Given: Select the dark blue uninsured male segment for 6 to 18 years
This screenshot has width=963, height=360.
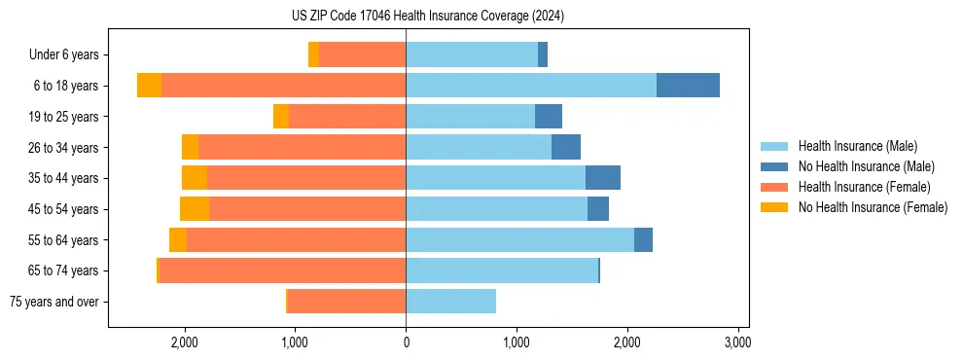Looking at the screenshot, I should tap(688, 86).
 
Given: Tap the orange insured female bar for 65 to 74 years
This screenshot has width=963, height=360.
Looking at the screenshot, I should tap(282, 270).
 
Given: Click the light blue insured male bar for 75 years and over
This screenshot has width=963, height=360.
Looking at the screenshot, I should tap(450, 302).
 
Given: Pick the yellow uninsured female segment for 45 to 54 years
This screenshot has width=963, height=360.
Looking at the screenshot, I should tap(195, 209).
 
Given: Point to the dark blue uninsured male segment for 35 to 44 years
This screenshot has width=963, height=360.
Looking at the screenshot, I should tap(603, 178).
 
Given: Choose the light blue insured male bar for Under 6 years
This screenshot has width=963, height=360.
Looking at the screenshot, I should tap(472, 54).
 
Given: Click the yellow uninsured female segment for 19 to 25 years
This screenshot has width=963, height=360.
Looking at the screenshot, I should tap(281, 117).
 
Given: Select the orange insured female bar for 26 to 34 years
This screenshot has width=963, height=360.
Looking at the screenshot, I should tap(302, 147).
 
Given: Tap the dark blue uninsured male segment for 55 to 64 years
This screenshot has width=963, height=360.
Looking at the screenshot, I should tap(643, 240).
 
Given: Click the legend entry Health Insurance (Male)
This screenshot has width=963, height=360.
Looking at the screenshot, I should tap(857, 146).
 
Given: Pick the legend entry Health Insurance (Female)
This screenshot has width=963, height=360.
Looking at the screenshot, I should tap(864, 187).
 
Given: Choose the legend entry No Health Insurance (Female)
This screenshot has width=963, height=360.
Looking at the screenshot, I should tap(873, 207).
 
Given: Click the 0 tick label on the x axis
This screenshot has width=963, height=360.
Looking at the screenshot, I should tap(406, 342).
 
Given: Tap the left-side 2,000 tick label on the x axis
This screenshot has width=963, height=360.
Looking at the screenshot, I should tap(185, 342).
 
